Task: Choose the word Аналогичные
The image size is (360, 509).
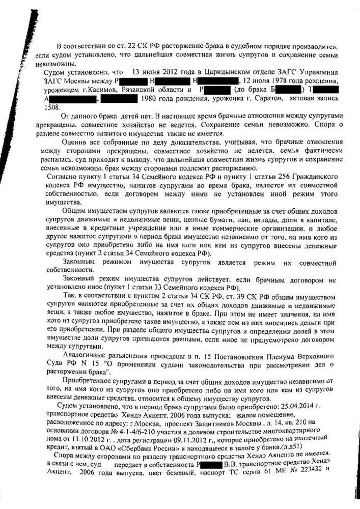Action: [84, 354]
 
